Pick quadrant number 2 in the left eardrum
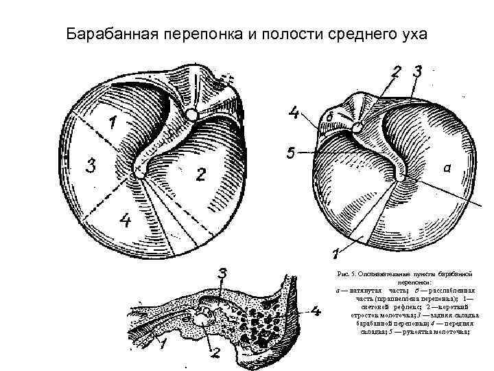pyautogui.click(x=200, y=175)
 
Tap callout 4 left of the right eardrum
pyautogui.click(x=294, y=113)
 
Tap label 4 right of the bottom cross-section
pyautogui.click(x=316, y=311)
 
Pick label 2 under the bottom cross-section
pyautogui.click(x=215, y=354)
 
